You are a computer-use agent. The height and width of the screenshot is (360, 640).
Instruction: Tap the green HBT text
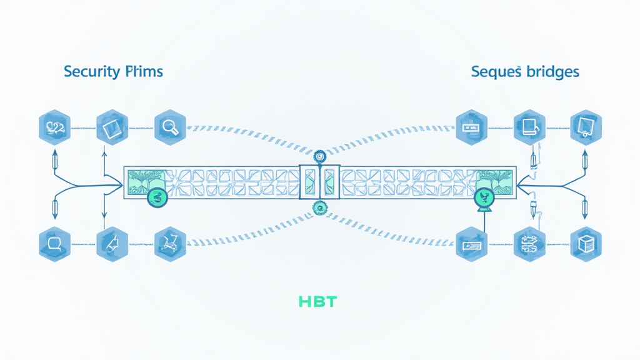[x=317, y=302]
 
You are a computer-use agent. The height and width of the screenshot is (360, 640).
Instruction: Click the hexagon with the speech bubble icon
[x=52, y=243]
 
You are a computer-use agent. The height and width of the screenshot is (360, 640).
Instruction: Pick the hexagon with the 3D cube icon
[x=586, y=243]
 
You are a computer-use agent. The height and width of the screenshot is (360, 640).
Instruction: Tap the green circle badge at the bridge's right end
[x=484, y=197]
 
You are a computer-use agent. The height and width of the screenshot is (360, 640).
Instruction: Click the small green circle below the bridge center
[x=321, y=209]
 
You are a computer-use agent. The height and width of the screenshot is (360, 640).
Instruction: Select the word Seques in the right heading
[x=496, y=72]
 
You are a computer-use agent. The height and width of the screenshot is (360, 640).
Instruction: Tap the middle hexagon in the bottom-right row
[x=528, y=243]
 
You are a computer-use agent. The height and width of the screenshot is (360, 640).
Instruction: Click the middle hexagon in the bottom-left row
[x=111, y=243]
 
